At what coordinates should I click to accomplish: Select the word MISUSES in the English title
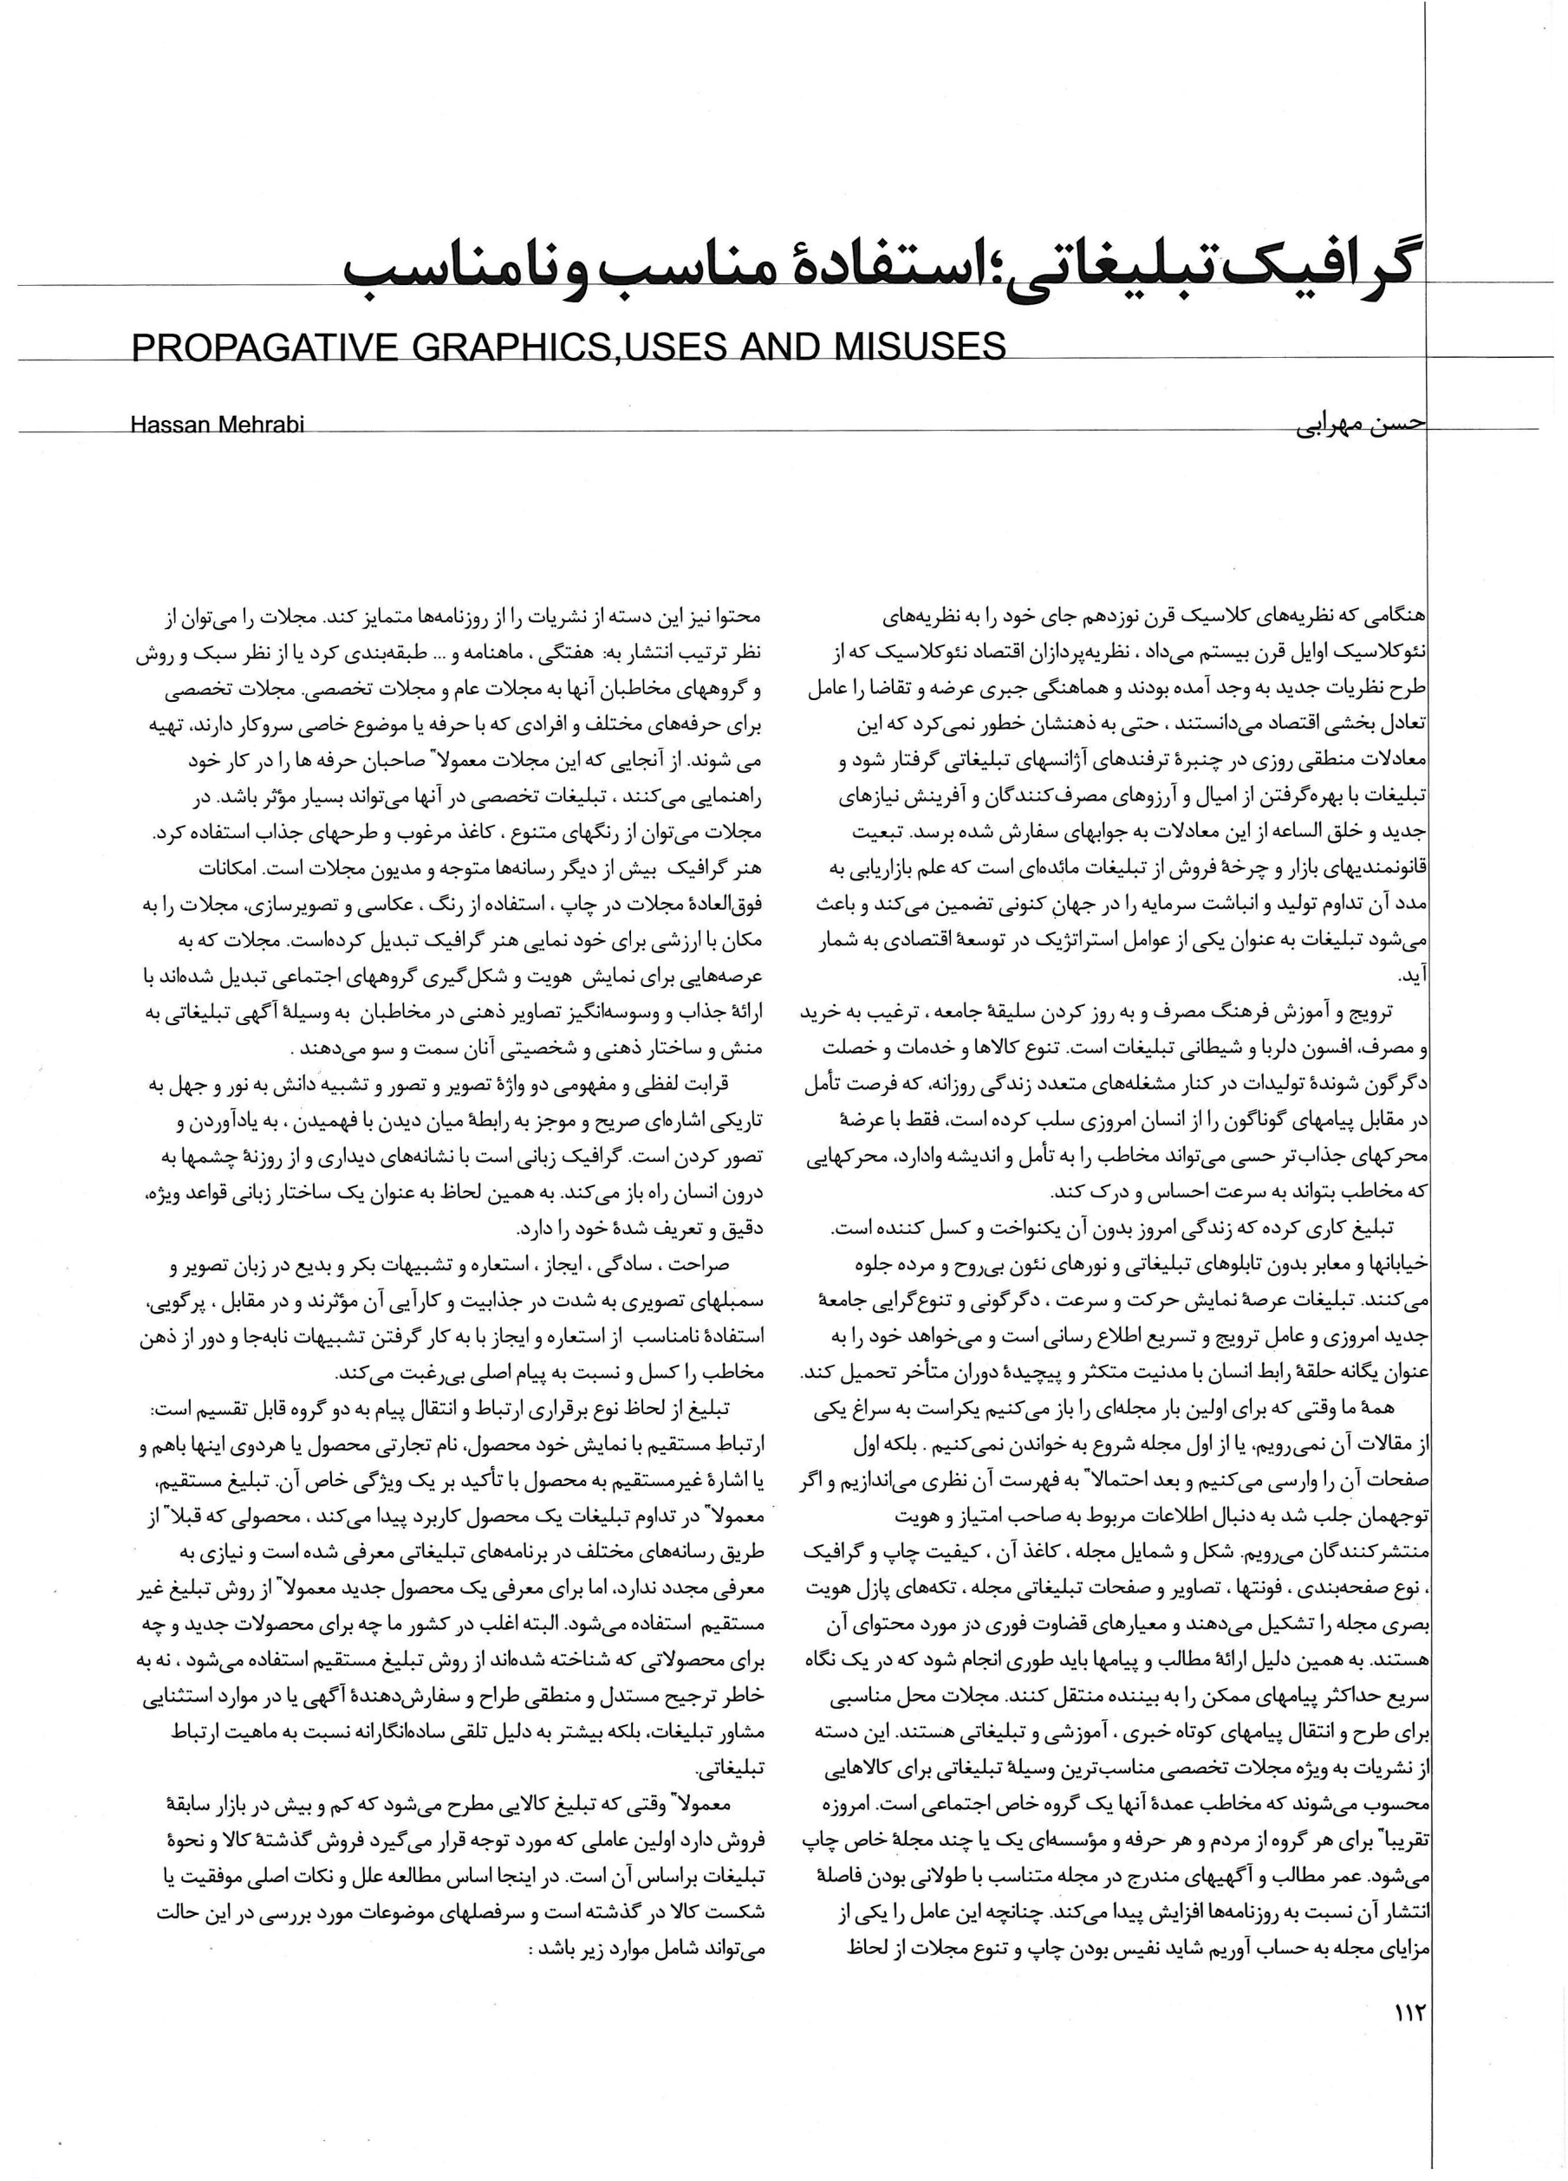(x=913, y=347)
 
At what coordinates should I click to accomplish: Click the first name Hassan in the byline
(x=174, y=424)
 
